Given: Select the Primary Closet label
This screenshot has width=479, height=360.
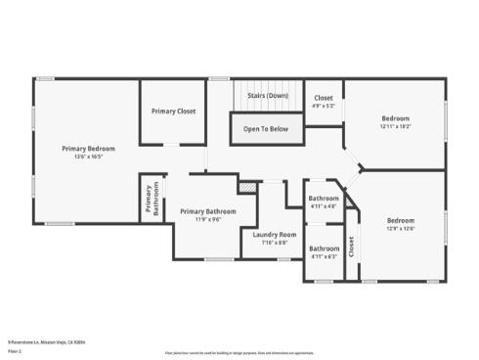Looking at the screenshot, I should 173,112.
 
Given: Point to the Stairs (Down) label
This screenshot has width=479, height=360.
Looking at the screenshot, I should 267,96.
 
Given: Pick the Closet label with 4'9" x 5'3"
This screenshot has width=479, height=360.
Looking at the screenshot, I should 324,99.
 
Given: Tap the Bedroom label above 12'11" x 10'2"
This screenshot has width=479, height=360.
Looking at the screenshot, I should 395,118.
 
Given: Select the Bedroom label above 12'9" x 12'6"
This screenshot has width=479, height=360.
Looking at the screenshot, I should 401,220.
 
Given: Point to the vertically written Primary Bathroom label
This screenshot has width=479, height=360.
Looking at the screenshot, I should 152,200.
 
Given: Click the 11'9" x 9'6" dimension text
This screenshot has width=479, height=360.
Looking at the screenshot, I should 207,218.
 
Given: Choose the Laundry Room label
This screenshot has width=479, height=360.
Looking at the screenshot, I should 274,235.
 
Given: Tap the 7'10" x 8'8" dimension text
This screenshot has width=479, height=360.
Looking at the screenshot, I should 274,242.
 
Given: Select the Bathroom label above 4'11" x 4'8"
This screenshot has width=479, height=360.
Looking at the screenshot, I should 324,200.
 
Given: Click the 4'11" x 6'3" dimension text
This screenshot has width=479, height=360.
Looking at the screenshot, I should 324,255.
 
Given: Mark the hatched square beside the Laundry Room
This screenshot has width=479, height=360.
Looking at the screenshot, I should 248,186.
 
